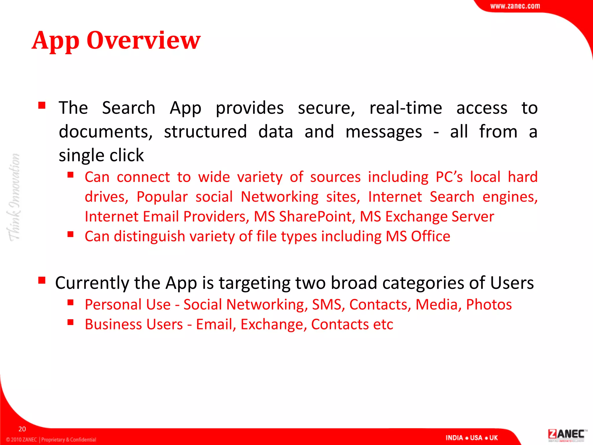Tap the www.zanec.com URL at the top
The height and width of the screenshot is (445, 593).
click(515, 6)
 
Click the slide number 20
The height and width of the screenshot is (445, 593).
click(22, 429)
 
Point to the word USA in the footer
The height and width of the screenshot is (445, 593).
click(476, 438)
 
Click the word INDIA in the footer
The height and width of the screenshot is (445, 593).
click(454, 438)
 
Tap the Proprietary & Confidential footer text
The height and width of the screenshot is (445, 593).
click(69, 439)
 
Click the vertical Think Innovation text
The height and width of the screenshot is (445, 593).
click(14, 197)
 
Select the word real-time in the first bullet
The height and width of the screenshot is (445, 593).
click(406, 108)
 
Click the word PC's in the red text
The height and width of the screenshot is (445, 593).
click(449, 177)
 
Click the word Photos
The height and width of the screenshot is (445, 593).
click(489, 304)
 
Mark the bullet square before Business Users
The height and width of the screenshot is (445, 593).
click(70, 322)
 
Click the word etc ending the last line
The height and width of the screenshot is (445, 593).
click(383, 324)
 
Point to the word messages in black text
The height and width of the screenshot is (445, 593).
click(384, 132)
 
